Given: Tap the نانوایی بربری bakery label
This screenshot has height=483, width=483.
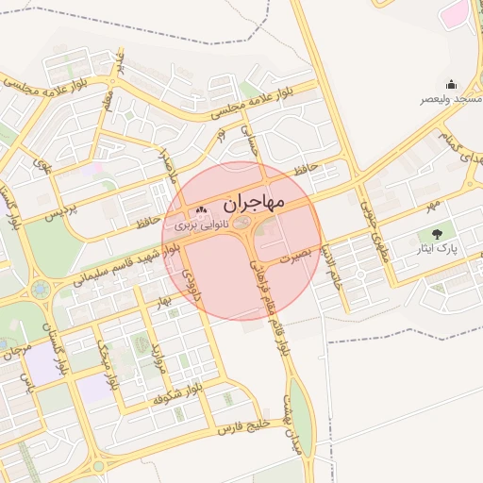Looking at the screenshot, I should click(202, 226).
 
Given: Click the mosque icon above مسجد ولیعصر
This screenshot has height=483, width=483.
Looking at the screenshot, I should click(451, 84).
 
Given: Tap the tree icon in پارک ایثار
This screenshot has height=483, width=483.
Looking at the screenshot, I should click(436, 233).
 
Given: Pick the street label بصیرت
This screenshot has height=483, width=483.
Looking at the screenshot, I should click(293, 256).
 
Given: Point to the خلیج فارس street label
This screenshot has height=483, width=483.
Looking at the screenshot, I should click(244, 425).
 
